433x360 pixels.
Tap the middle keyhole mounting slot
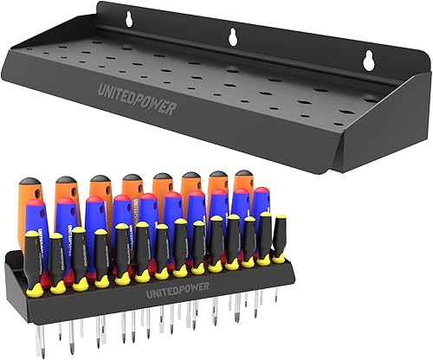tap(235, 36)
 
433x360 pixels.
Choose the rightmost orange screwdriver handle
tap(243, 189)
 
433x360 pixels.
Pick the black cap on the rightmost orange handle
tap(243, 174)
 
